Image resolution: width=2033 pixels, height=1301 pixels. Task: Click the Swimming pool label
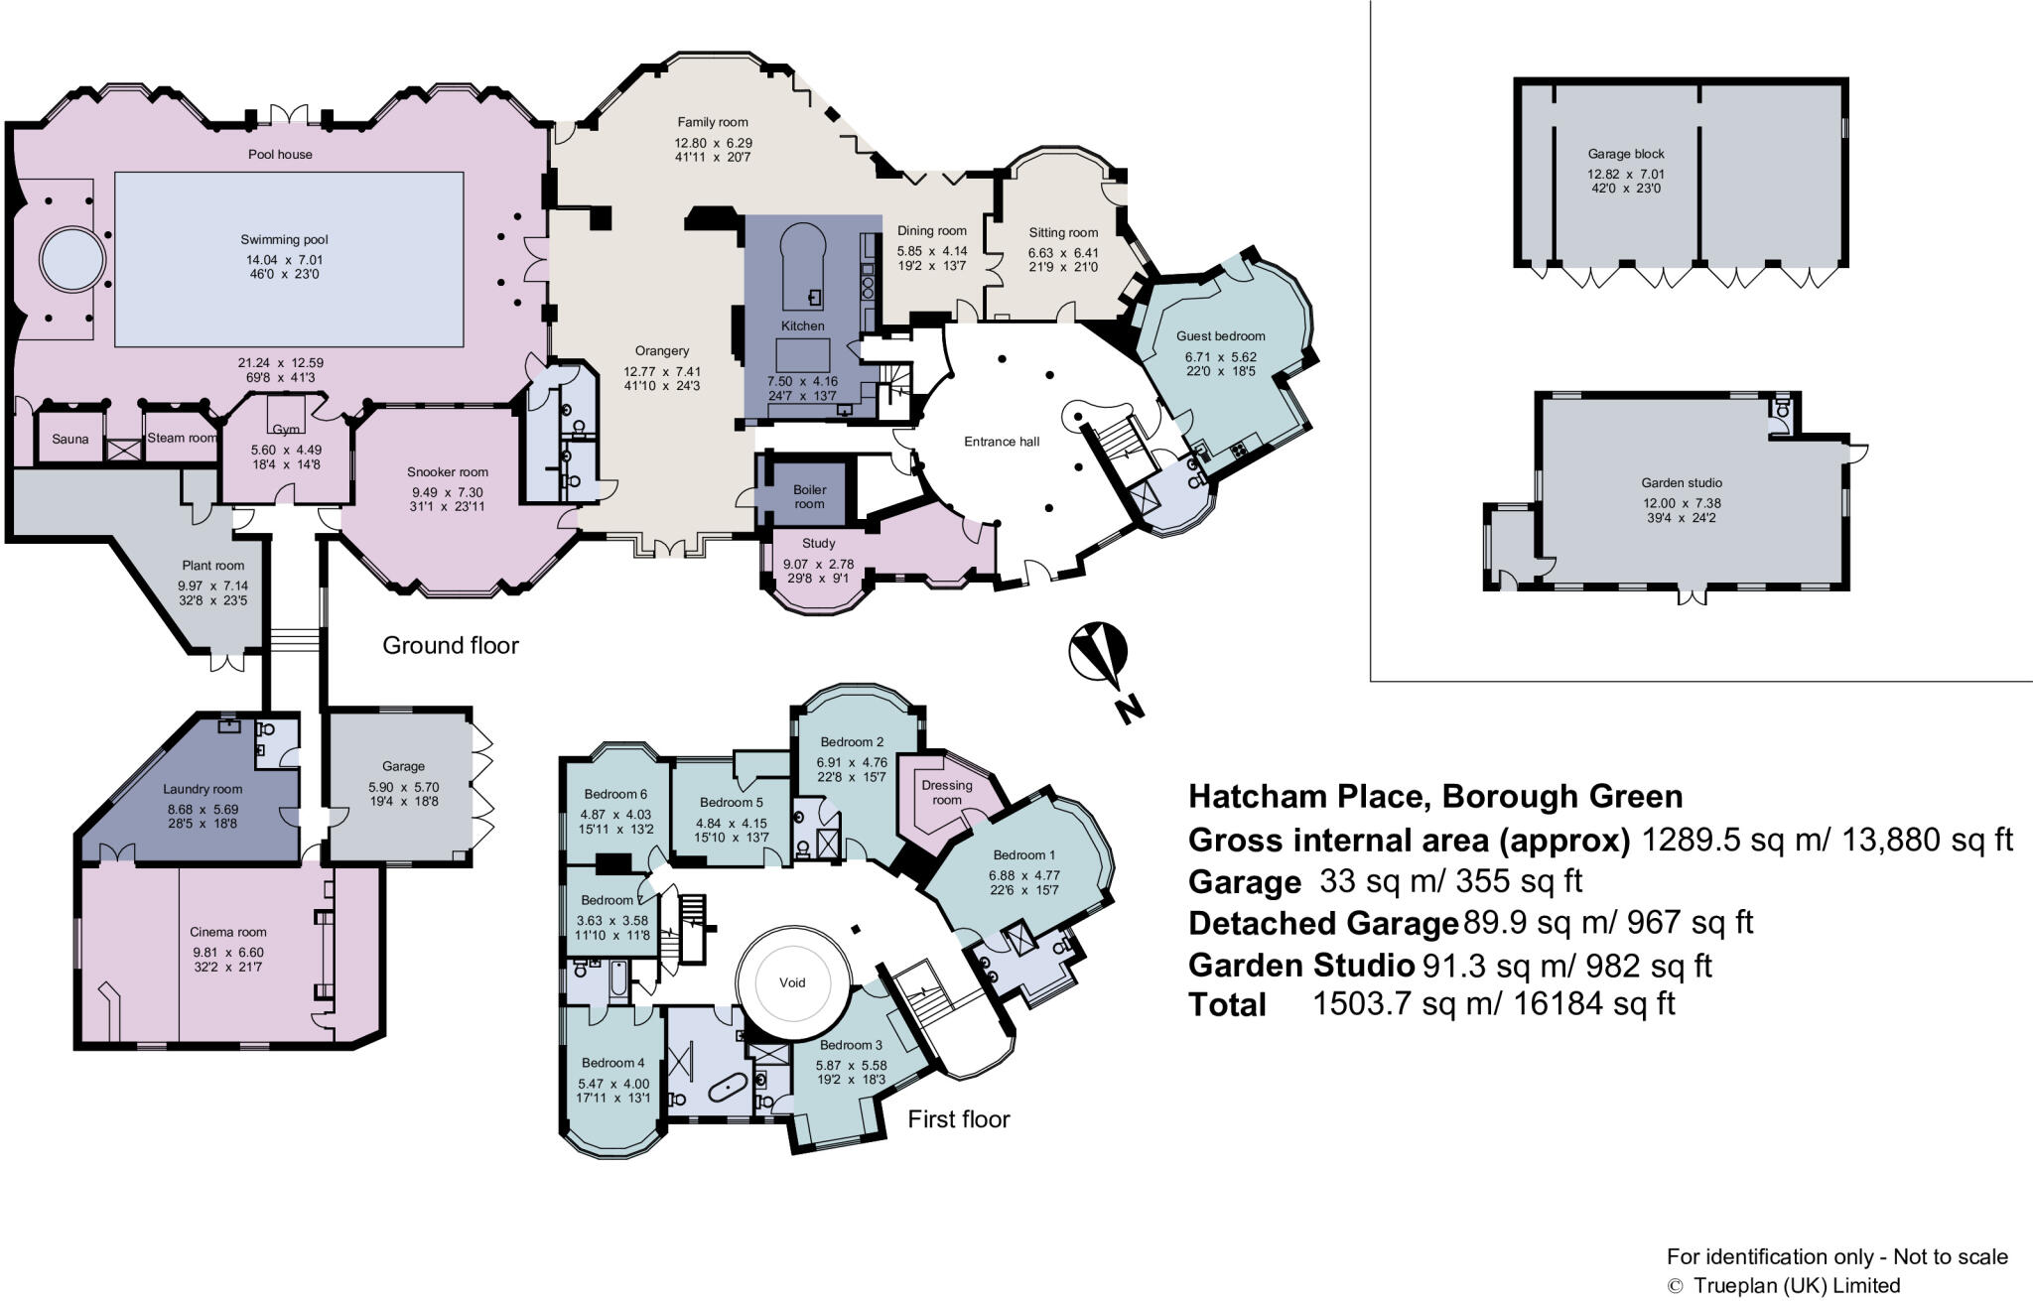click(284, 239)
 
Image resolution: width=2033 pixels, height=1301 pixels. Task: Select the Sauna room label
click(70, 439)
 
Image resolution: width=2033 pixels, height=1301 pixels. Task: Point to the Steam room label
click(182, 438)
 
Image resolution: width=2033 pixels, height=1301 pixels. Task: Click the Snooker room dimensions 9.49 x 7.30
click(448, 492)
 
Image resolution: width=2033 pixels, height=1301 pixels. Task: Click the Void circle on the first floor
click(792, 982)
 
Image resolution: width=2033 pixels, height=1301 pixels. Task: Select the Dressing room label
click(947, 792)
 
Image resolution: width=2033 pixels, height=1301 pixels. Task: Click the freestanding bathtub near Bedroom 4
click(729, 1089)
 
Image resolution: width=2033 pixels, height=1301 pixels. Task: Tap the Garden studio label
click(1682, 483)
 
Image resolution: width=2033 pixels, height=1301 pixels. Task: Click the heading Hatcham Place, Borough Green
click(1435, 796)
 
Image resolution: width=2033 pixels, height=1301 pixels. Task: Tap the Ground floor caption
click(451, 645)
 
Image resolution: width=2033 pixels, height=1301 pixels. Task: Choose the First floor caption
click(959, 1119)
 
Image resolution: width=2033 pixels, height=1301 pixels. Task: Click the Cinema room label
click(228, 932)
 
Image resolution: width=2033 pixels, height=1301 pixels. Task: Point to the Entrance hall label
click(1002, 442)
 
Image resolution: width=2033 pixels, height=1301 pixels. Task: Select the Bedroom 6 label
click(615, 794)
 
